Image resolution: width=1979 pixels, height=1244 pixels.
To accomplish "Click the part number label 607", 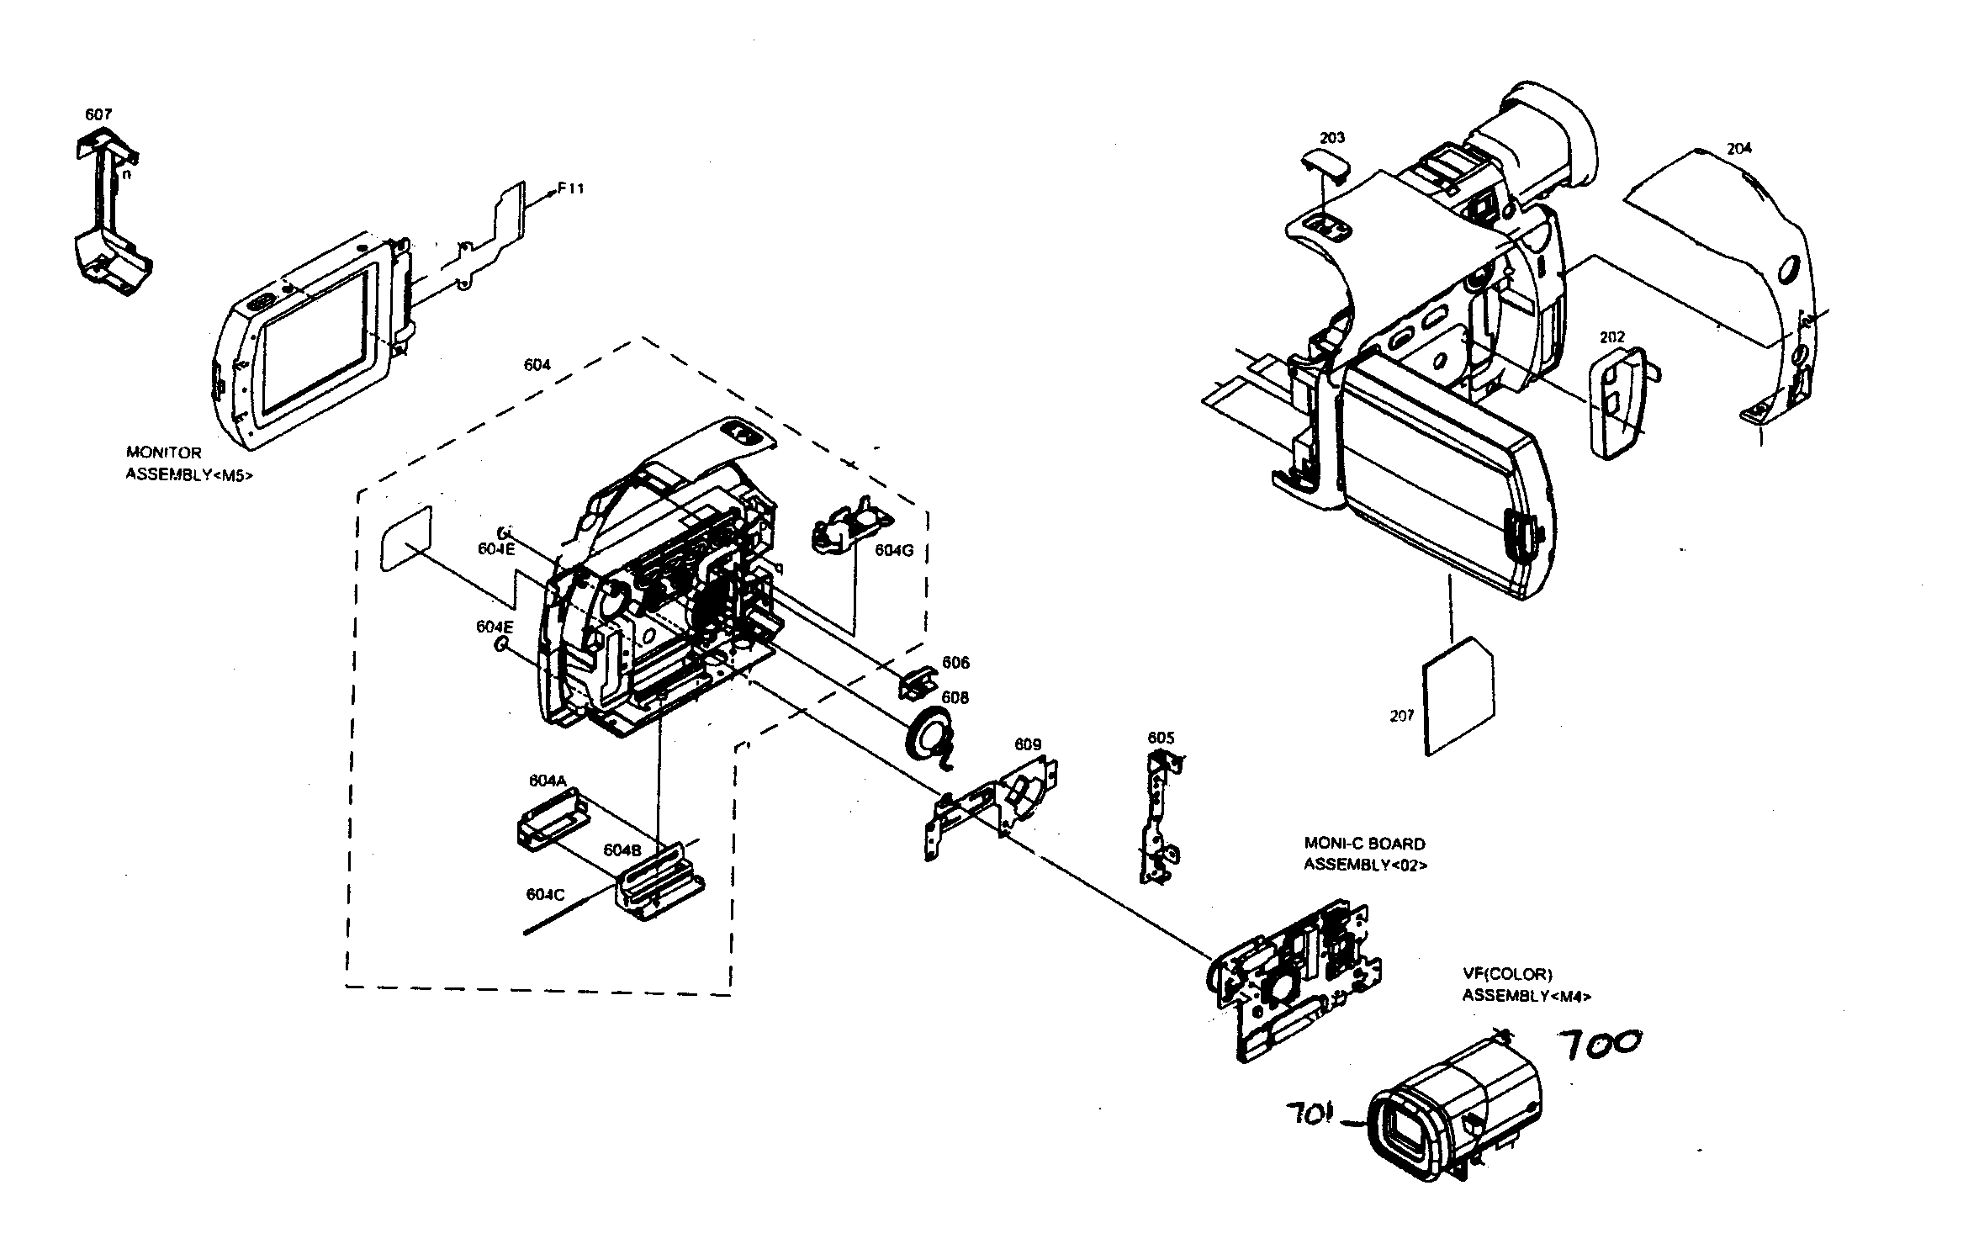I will pos(98,114).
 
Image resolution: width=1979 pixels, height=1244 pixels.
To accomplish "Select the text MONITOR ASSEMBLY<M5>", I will pos(188,463).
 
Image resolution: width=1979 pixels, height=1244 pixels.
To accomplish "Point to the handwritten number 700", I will pos(1599,1045).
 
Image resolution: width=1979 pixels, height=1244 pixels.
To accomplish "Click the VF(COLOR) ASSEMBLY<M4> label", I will pos(1526,985).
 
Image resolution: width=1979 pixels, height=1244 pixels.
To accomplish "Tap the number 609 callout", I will pos(1028,744).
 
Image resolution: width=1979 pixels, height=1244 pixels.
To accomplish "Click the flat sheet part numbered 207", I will pos(1458,697).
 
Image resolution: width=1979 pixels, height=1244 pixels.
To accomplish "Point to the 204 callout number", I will pos(1738,149).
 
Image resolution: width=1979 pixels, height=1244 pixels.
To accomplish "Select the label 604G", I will pos(893,550).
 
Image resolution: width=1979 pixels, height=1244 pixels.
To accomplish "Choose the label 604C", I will pos(545,895).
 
